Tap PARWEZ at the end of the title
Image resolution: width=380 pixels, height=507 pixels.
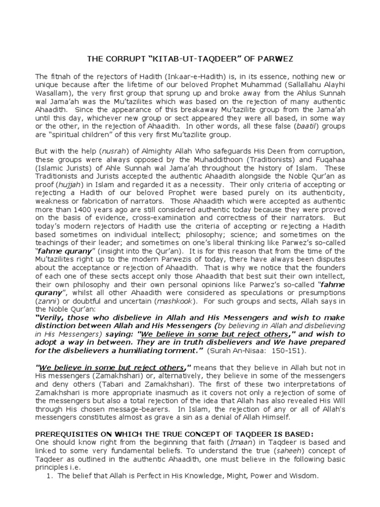click(x=278, y=59)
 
